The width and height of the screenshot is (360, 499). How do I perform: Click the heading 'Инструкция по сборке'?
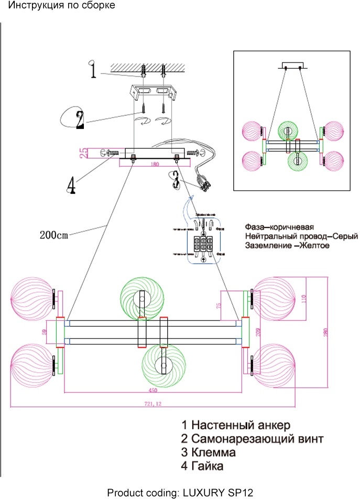(x=61, y=6)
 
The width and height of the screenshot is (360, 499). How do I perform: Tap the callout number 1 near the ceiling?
(x=93, y=70)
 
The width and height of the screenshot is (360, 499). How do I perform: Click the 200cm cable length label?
(x=54, y=234)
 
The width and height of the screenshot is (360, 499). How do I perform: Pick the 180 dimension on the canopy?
(x=154, y=165)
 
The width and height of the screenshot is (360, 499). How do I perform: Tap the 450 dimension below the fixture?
(x=153, y=389)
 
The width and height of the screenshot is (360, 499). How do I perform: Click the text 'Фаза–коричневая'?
(x=279, y=228)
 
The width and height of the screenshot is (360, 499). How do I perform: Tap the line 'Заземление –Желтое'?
(x=287, y=245)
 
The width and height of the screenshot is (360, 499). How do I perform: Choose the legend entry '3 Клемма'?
(x=208, y=452)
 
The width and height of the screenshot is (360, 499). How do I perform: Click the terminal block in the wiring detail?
(x=202, y=245)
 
